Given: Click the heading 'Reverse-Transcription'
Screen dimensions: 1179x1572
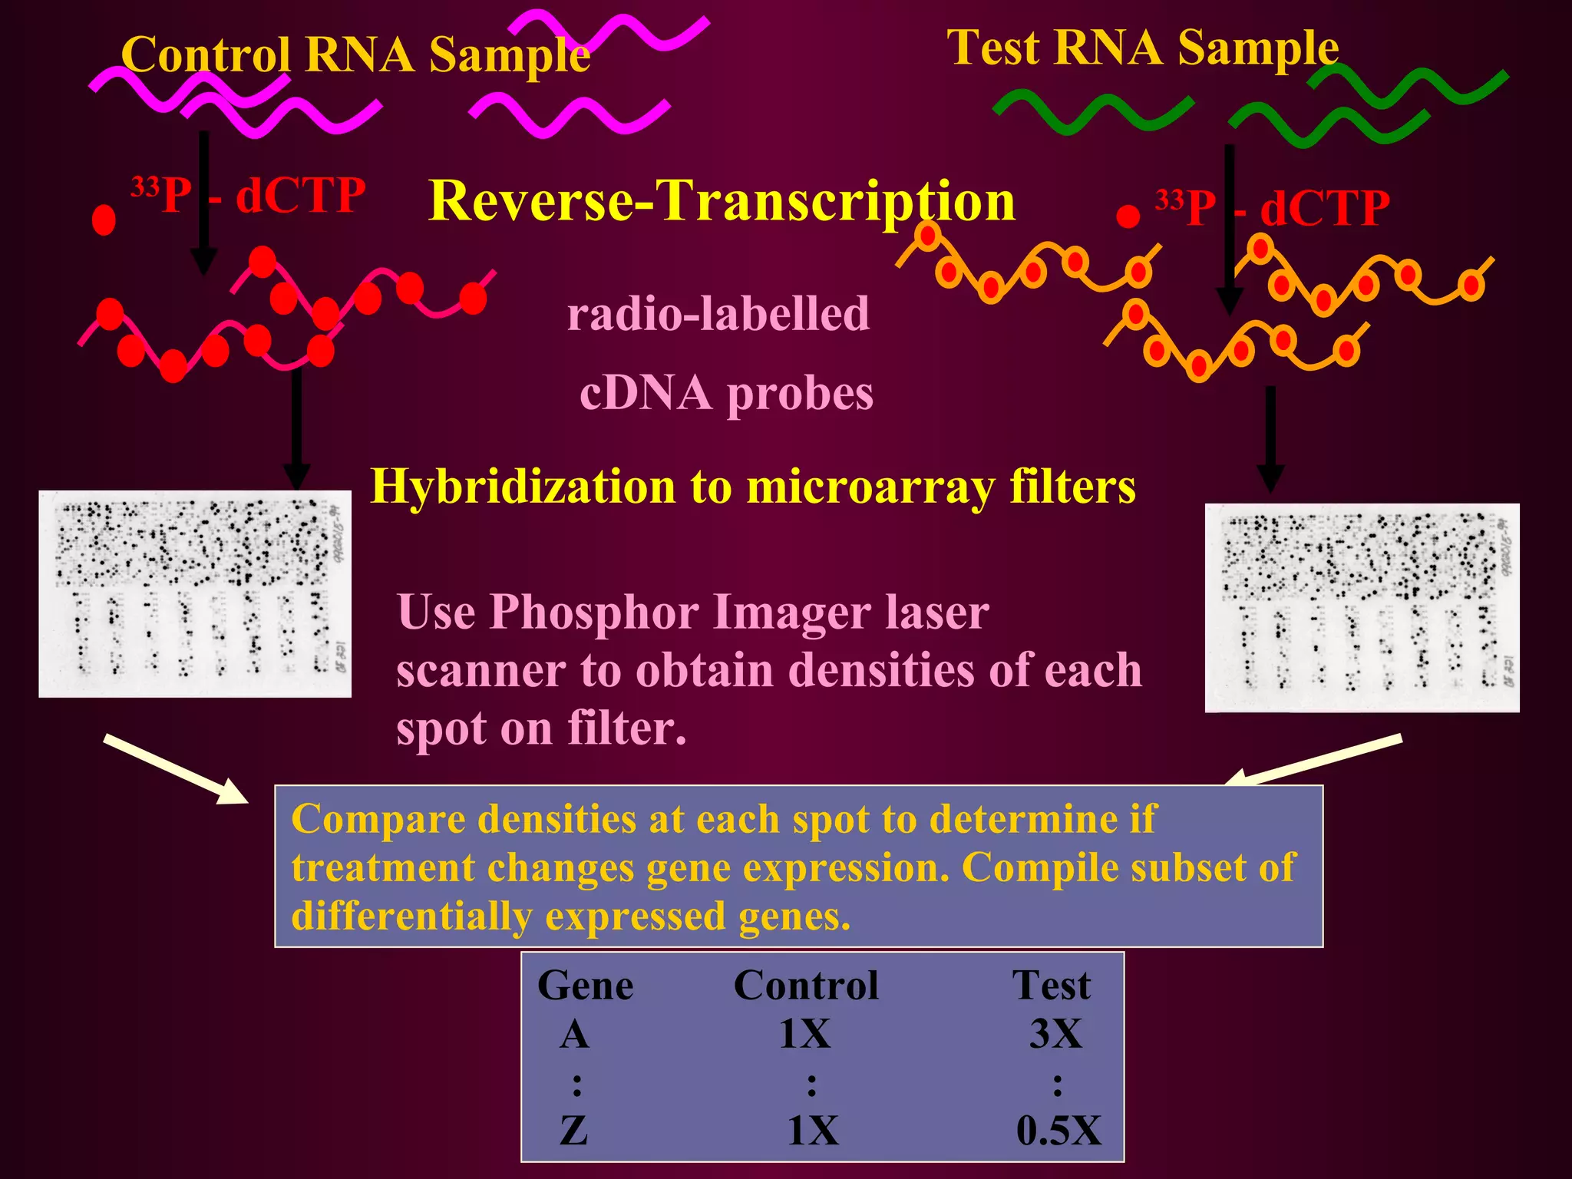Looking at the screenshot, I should pyautogui.click(x=722, y=201).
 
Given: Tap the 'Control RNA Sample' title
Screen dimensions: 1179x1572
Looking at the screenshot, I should pyautogui.click(x=355, y=55).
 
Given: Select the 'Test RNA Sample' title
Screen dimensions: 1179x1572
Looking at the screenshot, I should pyautogui.click(x=1142, y=48).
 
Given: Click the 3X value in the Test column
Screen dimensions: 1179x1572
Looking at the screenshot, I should pyautogui.click(x=1055, y=1034).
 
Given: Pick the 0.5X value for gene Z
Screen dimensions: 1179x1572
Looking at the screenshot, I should pyautogui.click(x=1058, y=1131).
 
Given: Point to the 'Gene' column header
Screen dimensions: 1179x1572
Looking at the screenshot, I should pyautogui.click(x=585, y=986).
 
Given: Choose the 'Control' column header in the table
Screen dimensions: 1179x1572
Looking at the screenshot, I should pyautogui.click(x=806, y=986).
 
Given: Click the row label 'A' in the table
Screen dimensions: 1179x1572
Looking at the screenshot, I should pyautogui.click(x=574, y=1034).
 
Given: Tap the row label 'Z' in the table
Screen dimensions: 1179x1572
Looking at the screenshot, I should pyautogui.click(x=574, y=1131).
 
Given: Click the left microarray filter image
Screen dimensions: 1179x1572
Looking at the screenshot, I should pyautogui.click(x=195, y=594).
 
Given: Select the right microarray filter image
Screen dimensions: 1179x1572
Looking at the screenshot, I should pyautogui.click(x=1362, y=608).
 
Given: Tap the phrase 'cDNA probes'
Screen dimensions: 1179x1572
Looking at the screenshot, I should pyautogui.click(x=726, y=393).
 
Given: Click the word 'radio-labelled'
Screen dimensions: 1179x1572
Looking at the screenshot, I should pyautogui.click(x=718, y=314).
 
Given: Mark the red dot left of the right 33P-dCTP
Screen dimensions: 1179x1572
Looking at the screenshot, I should pyautogui.click(x=1127, y=217).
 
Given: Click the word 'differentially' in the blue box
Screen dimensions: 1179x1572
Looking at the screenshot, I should pyautogui.click(x=411, y=916).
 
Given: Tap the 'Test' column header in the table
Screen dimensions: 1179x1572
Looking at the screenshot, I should pyautogui.click(x=1052, y=986).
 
